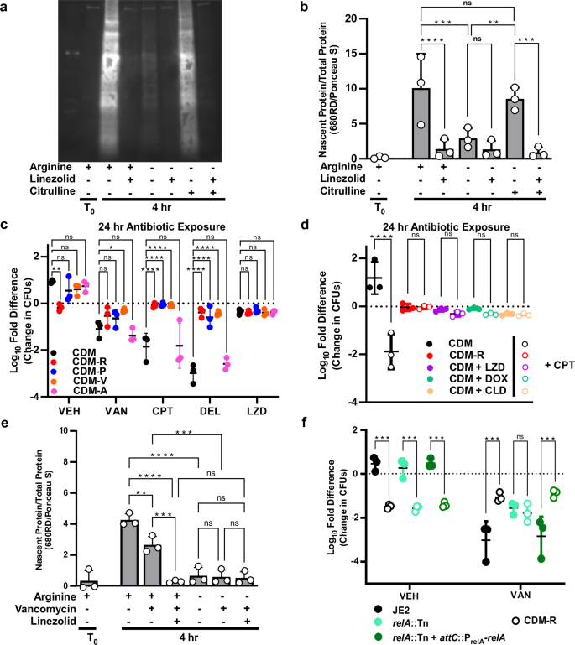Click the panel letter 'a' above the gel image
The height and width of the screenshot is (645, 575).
pyautogui.click(x=6, y=8)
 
